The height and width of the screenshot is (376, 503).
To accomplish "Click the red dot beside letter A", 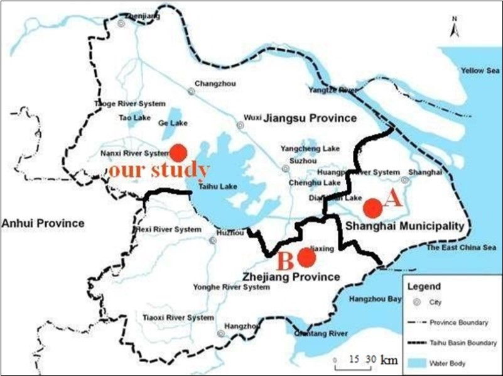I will [372, 207].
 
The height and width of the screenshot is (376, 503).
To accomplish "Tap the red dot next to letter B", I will [306, 257].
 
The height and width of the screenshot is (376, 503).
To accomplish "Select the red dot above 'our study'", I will [178, 152].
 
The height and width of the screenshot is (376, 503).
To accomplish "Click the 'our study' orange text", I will [158, 170].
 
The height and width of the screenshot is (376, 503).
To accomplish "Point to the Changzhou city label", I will [212, 83].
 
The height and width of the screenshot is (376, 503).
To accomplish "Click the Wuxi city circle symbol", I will [240, 126].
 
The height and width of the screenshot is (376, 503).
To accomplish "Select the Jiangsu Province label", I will [310, 118].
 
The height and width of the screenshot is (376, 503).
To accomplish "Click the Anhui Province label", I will [43, 223].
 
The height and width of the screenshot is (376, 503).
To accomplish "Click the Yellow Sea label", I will [478, 70].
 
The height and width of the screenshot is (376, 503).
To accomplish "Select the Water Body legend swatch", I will [415, 363].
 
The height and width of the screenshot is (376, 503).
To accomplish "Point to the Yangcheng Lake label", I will [310, 149].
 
